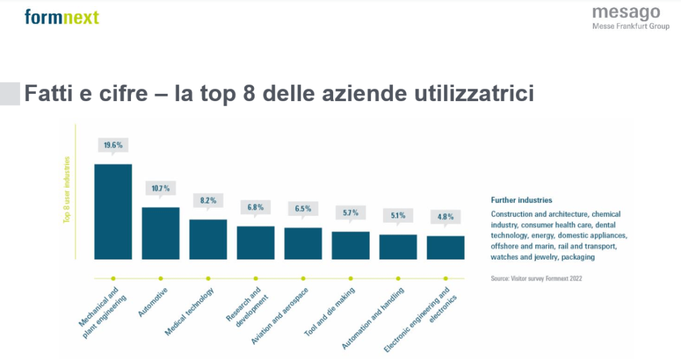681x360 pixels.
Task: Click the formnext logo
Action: coord(61,16)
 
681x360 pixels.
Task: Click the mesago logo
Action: coord(626,17)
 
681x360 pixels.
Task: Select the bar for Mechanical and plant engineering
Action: coord(113,211)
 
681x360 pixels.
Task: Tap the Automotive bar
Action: coord(160,232)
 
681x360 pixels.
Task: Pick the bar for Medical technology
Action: coord(208,238)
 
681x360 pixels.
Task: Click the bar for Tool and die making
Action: coord(350,244)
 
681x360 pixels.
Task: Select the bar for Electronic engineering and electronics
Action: coord(446,247)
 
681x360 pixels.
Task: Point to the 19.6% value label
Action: coord(113,144)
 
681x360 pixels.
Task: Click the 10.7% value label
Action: coord(161,188)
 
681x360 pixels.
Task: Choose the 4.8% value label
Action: coord(446,216)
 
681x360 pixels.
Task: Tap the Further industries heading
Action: coord(521,200)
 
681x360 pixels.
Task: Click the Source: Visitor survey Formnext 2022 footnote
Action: coord(535,278)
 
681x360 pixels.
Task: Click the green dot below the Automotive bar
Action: coord(161,278)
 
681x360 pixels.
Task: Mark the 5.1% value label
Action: coord(398,215)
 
